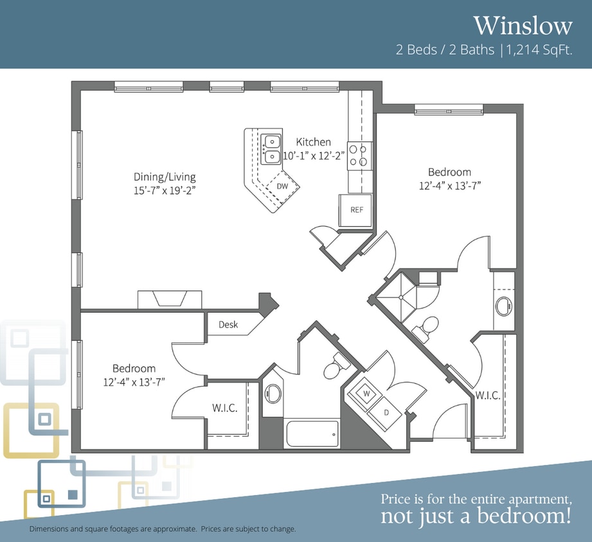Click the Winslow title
point(523,26)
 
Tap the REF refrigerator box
point(355,210)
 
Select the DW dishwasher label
point(282,186)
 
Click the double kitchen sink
point(271,150)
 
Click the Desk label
point(228,324)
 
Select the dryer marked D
point(386,413)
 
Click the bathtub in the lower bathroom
point(312,433)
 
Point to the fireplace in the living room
point(170,299)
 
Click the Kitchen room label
point(314,142)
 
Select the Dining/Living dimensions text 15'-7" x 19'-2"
point(165,191)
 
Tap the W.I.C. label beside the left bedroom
point(224,408)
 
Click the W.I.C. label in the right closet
point(487,396)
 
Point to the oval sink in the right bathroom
point(504,306)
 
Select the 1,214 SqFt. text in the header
point(539,50)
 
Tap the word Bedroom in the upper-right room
point(449,172)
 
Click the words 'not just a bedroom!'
point(476,516)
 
